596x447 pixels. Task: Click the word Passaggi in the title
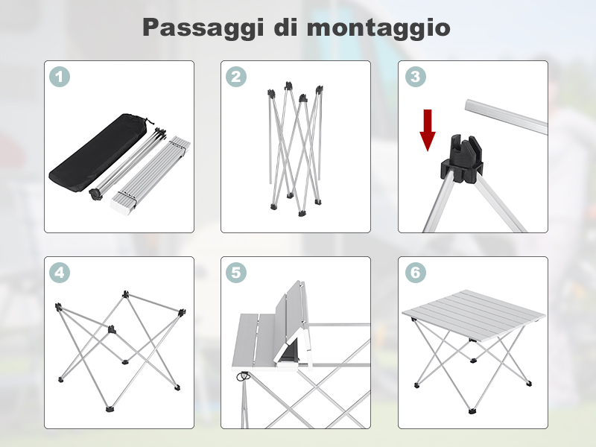tap(203, 28)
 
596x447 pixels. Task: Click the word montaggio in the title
tap(378, 28)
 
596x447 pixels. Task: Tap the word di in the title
tap(285, 27)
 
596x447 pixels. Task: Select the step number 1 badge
tap(60, 77)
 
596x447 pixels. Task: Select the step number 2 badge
tap(236, 77)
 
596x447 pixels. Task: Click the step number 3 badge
tap(416, 77)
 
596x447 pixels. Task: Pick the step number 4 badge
tap(60, 273)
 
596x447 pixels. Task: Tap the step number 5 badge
tap(236, 273)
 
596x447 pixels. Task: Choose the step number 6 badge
tap(416, 273)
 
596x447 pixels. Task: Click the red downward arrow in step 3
tap(428, 130)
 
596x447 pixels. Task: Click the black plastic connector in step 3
tap(462, 159)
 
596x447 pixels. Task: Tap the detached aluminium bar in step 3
tap(506, 116)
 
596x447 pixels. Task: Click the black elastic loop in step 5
tap(243, 376)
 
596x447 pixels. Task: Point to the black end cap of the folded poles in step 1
tap(95, 194)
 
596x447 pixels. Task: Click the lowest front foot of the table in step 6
tap(472, 410)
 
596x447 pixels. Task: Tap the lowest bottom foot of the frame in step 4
tap(110, 409)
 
